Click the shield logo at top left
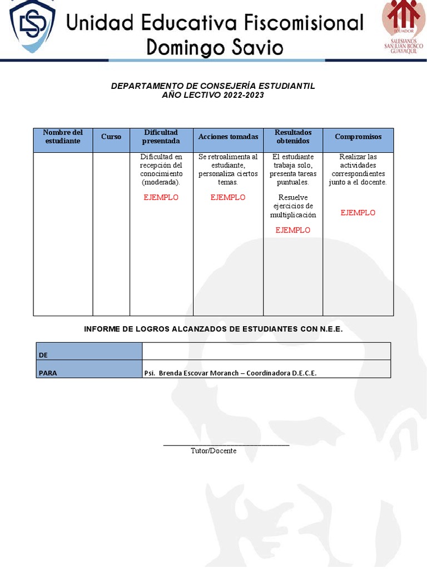tap(32, 27)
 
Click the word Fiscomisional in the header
tap(294, 23)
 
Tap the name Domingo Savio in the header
tap(215, 47)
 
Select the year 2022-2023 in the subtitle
tap(244, 95)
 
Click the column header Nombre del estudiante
tap(63, 137)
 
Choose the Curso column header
tap(111, 137)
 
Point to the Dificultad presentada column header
tap(161, 137)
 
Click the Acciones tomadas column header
tap(228, 137)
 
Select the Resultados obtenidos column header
tap(293, 137)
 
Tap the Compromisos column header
tap(358, 137)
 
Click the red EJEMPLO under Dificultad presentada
tap(161, 197)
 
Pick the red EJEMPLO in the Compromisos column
tap(358, 213)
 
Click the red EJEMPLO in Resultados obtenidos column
tap(293, 230)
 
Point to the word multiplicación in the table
tap(293, 215)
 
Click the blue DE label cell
tap(89, 352)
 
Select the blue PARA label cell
tap(89, 370)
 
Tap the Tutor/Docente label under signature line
tap(213, 451)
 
